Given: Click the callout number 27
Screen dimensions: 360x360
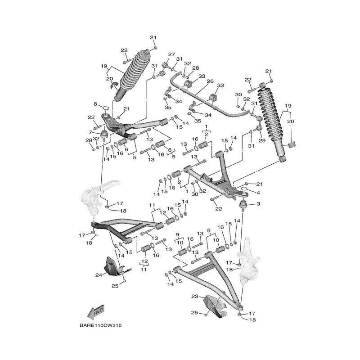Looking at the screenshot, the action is (171, 54).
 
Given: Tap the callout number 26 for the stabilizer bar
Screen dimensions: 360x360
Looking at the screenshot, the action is (210, 81).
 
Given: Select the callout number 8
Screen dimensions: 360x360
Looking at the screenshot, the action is (95, 104).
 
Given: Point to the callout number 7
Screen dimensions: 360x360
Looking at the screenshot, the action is (91, 132).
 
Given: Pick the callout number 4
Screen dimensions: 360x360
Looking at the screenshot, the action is (258, 193).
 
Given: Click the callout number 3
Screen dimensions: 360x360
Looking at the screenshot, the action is (258, 204).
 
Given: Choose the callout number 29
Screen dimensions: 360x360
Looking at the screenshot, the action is (262, 140).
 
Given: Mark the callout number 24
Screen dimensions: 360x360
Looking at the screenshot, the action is (99, 274).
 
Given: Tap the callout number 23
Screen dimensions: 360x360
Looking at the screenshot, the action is (195, 297).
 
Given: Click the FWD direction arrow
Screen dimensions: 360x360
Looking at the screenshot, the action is (96, 313).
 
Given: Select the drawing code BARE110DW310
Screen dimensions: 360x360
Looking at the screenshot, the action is (100, 325).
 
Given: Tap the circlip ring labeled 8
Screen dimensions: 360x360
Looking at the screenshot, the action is (106, 108).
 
